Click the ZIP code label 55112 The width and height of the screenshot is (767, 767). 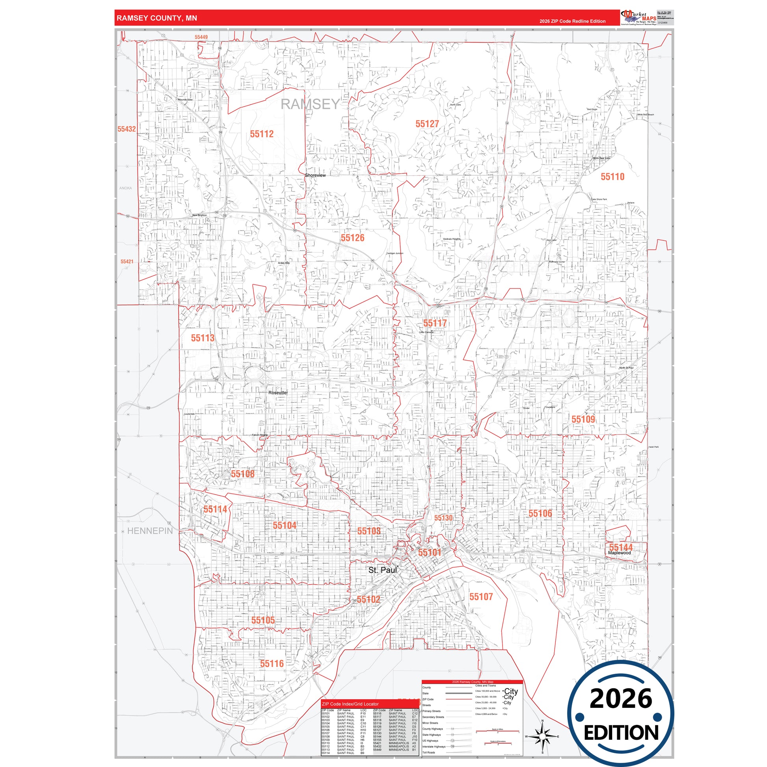tap(262, 134)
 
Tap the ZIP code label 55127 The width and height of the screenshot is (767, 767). tap(427, 124)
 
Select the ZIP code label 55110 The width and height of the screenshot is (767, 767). tap(612, 177)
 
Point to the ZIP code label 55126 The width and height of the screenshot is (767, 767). tap(352, 238)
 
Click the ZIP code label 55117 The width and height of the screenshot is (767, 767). tap(435, 323)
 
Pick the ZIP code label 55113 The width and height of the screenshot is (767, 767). tap(203, 338)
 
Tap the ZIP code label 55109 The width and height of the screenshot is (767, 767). tap(583, 419)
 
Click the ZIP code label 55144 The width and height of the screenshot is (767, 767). tap(621, 547)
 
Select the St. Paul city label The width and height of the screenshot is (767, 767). tap(382, 570)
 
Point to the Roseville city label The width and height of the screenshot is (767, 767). tap(277, 393)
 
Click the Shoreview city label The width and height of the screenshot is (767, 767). tap(315, 175)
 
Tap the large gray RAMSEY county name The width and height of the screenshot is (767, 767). tap(310, 104)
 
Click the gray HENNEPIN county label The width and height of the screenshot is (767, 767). tap(150, 531)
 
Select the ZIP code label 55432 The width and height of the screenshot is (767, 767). tap(127, 129)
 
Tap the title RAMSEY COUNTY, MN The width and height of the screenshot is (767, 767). tap(157, 18)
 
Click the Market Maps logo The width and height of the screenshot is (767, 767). tap(638, 18)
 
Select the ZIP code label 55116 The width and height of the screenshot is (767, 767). tap(272, 663)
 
